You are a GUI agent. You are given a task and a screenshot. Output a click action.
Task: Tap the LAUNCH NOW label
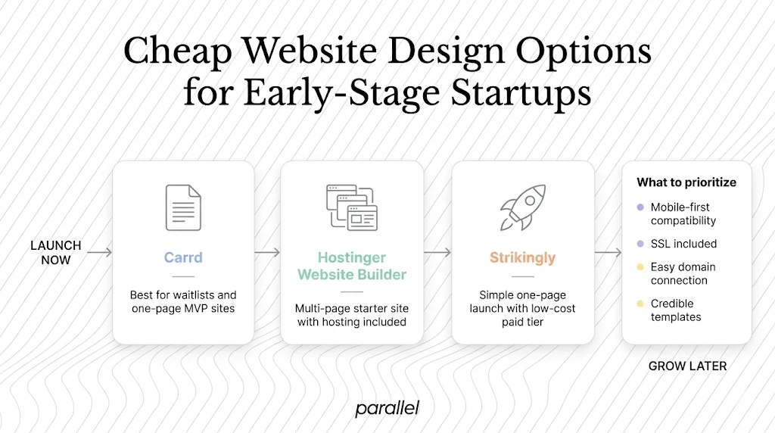coord(55,253)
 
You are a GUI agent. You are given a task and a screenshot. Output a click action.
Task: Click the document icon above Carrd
coord(183,207)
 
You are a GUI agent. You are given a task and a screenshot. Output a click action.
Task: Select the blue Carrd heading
coord(183,257)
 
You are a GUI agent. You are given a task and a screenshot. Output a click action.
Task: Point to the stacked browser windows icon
coord(351,207)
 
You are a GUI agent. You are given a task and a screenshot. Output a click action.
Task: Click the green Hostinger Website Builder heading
coord(351,266)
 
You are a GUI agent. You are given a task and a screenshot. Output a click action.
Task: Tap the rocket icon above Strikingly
coord(522,207)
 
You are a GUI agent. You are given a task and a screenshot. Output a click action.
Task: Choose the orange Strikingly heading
coord(522,257)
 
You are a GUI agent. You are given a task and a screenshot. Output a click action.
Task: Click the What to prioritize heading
coord(686,182)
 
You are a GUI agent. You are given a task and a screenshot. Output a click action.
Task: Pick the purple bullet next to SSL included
coord(640,244)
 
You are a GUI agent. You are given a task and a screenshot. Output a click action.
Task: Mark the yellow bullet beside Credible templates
coord(640,304)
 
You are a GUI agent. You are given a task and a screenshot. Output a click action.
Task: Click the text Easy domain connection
coord(683,273)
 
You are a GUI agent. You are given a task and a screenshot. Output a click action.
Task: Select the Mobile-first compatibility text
coord(683,213)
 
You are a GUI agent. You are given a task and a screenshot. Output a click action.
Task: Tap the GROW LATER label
coord(687,366)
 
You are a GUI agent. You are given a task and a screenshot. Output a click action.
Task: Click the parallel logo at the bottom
coord(387,409)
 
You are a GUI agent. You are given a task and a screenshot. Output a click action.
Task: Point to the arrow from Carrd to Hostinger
coord(267,252)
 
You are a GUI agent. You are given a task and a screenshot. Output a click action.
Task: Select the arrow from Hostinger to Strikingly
coord(437,252)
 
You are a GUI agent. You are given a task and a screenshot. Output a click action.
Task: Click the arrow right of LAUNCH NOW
coord(99,252)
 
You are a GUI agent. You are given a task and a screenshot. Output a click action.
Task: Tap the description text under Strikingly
coord(522,308)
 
